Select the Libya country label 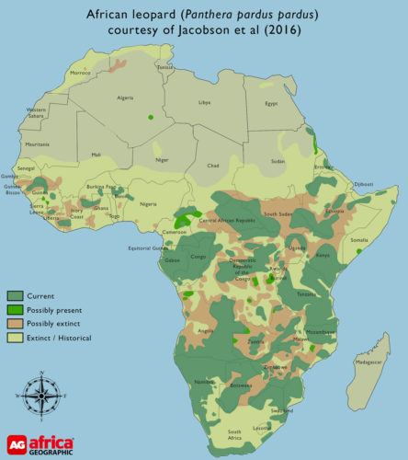204,102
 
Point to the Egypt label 270,103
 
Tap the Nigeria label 136,204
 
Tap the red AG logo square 15,443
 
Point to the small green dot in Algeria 150,117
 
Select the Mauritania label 38,144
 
